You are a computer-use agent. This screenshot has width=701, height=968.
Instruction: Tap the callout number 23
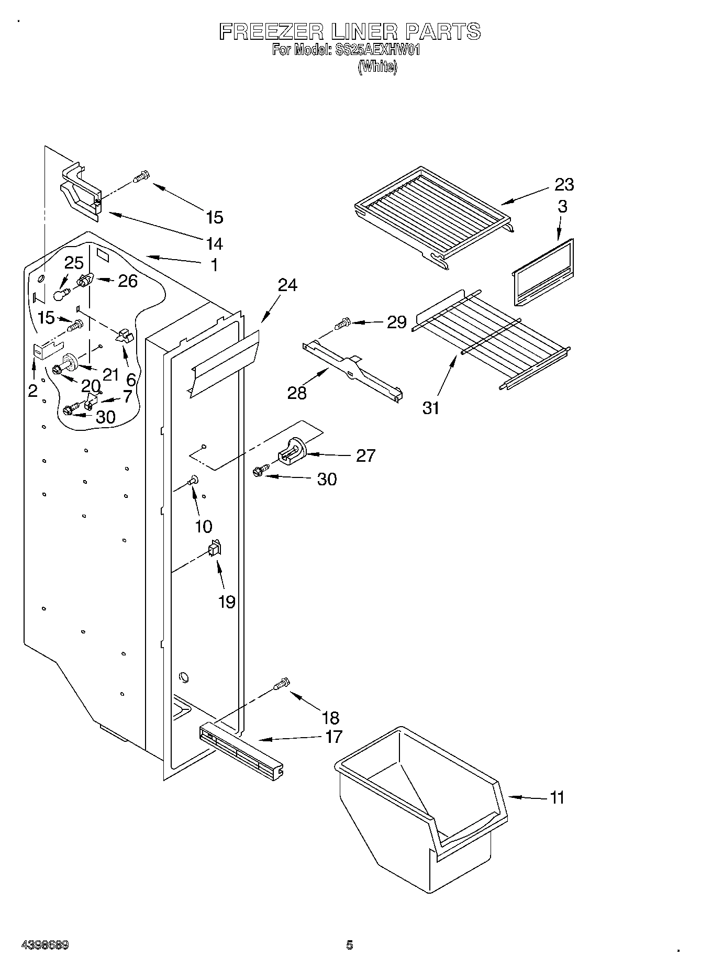(x=564, y=184)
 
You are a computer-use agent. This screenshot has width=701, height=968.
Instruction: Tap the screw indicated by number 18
(x=282, y=684)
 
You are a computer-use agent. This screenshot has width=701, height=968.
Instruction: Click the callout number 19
(x=227, y=602)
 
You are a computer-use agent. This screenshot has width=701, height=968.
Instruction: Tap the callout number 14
(x=214, y=243)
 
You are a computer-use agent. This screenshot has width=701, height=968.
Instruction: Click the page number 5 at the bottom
(x=350, y=945)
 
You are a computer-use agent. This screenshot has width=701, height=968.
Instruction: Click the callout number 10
(x=203, y=526)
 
